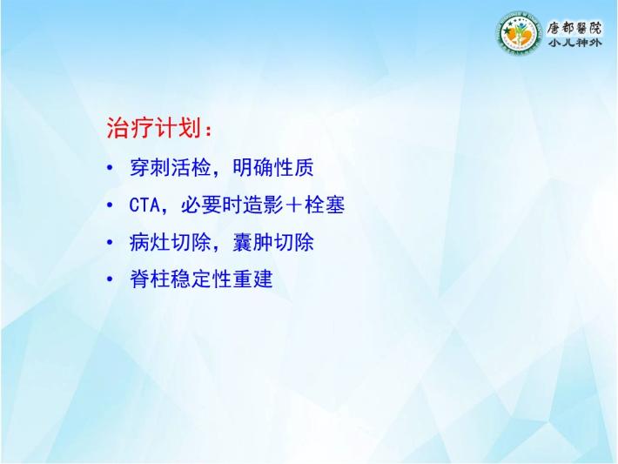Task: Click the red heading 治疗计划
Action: tap(155, 128)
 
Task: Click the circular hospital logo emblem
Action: tap(519, 33)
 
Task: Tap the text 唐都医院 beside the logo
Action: tap(574, 28)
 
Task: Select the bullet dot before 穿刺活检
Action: tap(110, 168)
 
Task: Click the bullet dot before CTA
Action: tap(110, 205)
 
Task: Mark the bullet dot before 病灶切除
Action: tap(110, 242)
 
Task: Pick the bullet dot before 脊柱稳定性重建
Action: tap(110, 279)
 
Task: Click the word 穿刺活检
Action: tap(170, 167)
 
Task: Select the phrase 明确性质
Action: tap(273, 167)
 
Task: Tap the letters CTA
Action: tap(144, 205)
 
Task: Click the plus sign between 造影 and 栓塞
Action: tap(293, 205)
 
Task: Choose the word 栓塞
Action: tap(325, 205)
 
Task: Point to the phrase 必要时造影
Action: tap(232, 205)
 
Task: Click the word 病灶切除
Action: tap(170, 242)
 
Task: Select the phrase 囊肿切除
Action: tap(273, 242)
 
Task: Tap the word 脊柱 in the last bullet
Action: tap(150, 279)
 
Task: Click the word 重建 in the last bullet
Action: tap(252, 279)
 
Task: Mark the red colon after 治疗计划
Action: tap(209, 130)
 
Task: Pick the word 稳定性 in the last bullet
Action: tap(201, 279)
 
